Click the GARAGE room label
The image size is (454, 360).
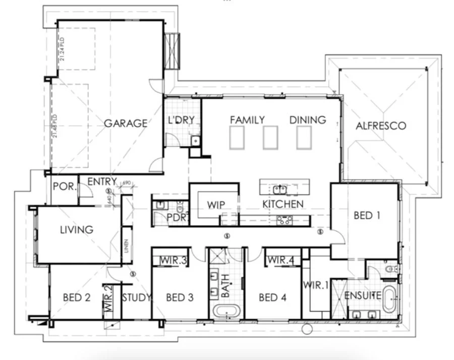(x=126, y=123)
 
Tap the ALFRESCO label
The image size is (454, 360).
(x=381, y=126)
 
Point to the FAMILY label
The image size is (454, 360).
(x=247, y=120)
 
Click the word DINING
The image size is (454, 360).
(x=308, y=120)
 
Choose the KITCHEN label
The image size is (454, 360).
(x=283, y=204)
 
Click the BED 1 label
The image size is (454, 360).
(x=367, y=215)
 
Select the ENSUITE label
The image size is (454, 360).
(x=362, y=296)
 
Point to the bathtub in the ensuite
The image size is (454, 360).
(x=389, y=299)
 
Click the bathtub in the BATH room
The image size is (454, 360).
(x=225, y=311)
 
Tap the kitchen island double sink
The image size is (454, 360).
(x=280, y=189)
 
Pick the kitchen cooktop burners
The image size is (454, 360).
(x=285, y=219)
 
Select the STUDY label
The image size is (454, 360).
(x=136, y=297)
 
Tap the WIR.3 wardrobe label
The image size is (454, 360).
(x=174, y=260)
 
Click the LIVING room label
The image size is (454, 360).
(x=77, y=229)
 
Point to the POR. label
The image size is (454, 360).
(x=65, y=187)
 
